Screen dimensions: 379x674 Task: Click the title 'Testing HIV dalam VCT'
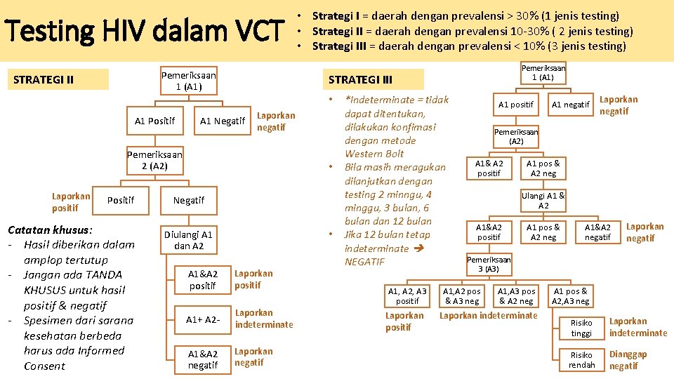coord(145,32)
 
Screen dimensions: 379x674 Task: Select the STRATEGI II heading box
coord(60,79)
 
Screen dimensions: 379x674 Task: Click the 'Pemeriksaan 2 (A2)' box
coord(154,161)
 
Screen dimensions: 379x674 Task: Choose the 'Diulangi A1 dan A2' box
coord(188,240)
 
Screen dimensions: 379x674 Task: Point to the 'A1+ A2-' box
coord(203,319)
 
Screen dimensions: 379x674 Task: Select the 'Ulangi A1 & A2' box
coord(543,201)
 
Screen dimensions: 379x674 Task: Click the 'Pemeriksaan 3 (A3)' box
coord(489,264)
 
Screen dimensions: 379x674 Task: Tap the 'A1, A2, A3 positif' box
coord(407,296)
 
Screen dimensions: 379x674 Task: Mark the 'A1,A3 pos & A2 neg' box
coord(516,296)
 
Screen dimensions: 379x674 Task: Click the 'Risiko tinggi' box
coord(581,328)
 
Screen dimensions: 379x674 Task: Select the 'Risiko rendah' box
coord(581,360)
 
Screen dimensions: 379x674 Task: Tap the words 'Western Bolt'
coord(374,154)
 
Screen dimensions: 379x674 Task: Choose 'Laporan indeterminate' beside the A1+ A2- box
coord(263,319)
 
